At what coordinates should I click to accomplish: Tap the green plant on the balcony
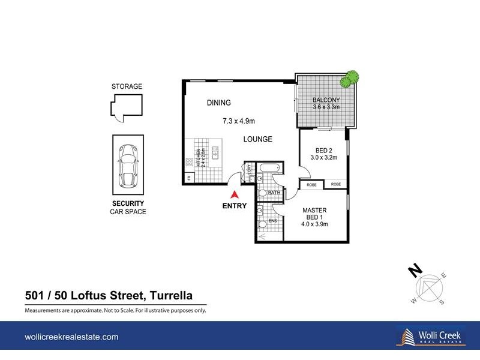click(349, 79)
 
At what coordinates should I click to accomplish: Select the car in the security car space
click(127, 166)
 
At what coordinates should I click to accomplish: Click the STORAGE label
click(127, 86)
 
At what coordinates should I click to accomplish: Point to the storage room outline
click(127, 107)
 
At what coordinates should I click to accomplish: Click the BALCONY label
click(326, 100)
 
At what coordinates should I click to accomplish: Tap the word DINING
click(219, 103)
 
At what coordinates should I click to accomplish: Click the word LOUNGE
click(257, 139)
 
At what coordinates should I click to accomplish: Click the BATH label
click(274, 193)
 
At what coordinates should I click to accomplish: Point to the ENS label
click(272, 221)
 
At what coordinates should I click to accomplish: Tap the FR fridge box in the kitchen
click(188, 178)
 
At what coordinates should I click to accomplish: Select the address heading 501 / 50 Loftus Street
click(108, 295)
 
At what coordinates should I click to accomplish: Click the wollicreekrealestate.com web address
click(71, 338)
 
